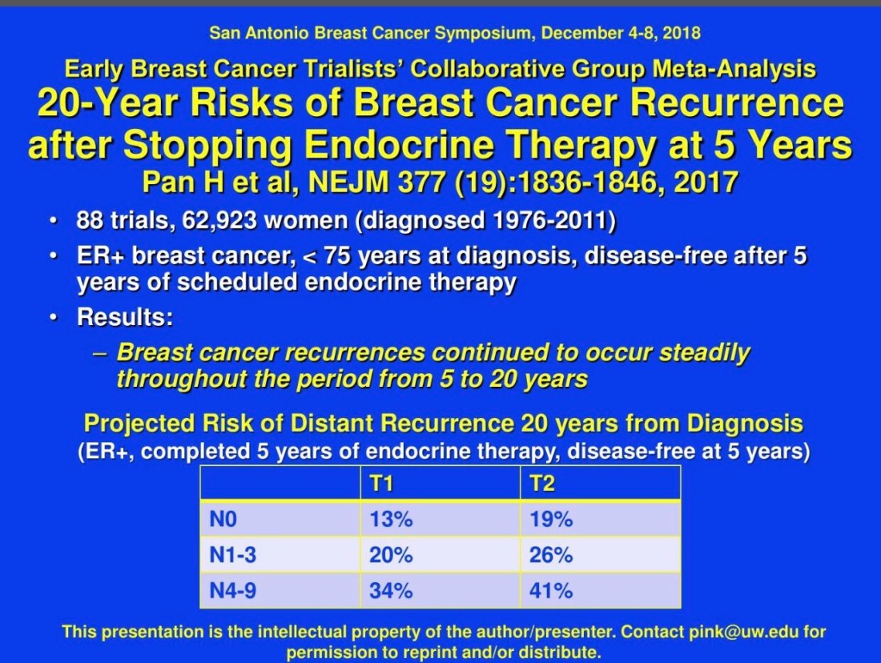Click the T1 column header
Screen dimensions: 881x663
(381, 483)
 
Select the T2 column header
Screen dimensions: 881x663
(541, 483)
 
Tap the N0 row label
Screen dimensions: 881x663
(223, 519)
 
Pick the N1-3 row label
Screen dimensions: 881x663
(232, 555)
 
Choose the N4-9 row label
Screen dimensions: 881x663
(232, 590)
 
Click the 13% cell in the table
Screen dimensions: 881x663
(391, 519)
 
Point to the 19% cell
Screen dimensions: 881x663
(551, 519)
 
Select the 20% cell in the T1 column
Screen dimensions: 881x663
(391, 555)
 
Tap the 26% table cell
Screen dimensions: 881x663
(551, 555)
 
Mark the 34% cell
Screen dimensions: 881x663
(391, 590)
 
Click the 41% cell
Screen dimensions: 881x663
(551, 590)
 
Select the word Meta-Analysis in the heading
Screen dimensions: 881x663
(734, 69)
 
